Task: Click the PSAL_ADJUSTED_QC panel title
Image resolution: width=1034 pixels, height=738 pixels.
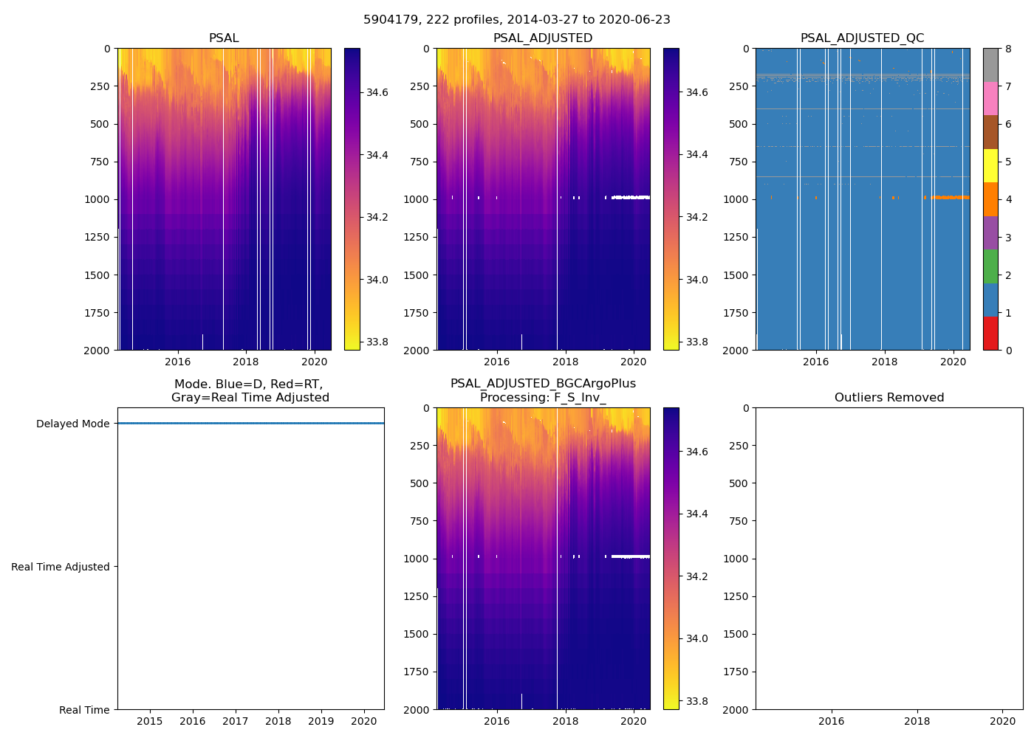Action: coord(862,38)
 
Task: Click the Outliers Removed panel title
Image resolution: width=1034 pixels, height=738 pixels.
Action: coord(889,398)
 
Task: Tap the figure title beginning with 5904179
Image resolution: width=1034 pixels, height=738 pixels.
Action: coord(517,20)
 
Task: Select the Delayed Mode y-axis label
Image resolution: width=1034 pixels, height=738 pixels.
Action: coord(72,424)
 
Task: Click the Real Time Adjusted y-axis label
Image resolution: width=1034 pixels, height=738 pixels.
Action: coord(61,567)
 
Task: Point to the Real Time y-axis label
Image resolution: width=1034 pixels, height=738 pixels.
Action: coord(84,710)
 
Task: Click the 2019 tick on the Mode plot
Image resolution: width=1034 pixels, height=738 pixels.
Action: coord(321,720)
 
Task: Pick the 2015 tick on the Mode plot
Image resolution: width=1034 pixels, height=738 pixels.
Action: coord(150,720)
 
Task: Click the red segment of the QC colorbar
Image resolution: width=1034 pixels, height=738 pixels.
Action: coord(990,333)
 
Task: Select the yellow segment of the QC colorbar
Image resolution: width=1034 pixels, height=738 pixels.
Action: coord(990,165)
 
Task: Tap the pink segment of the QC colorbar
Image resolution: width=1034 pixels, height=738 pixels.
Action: coord(990,98)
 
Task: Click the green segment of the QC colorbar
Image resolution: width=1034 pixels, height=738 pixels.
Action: coord(990,266)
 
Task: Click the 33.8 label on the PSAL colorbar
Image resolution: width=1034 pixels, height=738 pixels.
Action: coord(377,342)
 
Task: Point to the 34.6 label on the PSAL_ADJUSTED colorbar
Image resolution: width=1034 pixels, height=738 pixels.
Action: coord(696,92)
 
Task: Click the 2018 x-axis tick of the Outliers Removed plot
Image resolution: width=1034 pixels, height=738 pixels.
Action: coord(917,720)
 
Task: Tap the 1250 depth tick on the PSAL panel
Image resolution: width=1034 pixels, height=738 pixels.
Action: coord(97,237)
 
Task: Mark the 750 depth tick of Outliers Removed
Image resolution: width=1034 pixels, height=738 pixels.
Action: coord(739,521)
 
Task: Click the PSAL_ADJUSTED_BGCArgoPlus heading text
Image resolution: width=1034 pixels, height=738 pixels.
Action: coord(543,384)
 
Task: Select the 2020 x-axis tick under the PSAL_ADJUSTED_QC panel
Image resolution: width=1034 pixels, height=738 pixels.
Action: coord(953,362)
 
